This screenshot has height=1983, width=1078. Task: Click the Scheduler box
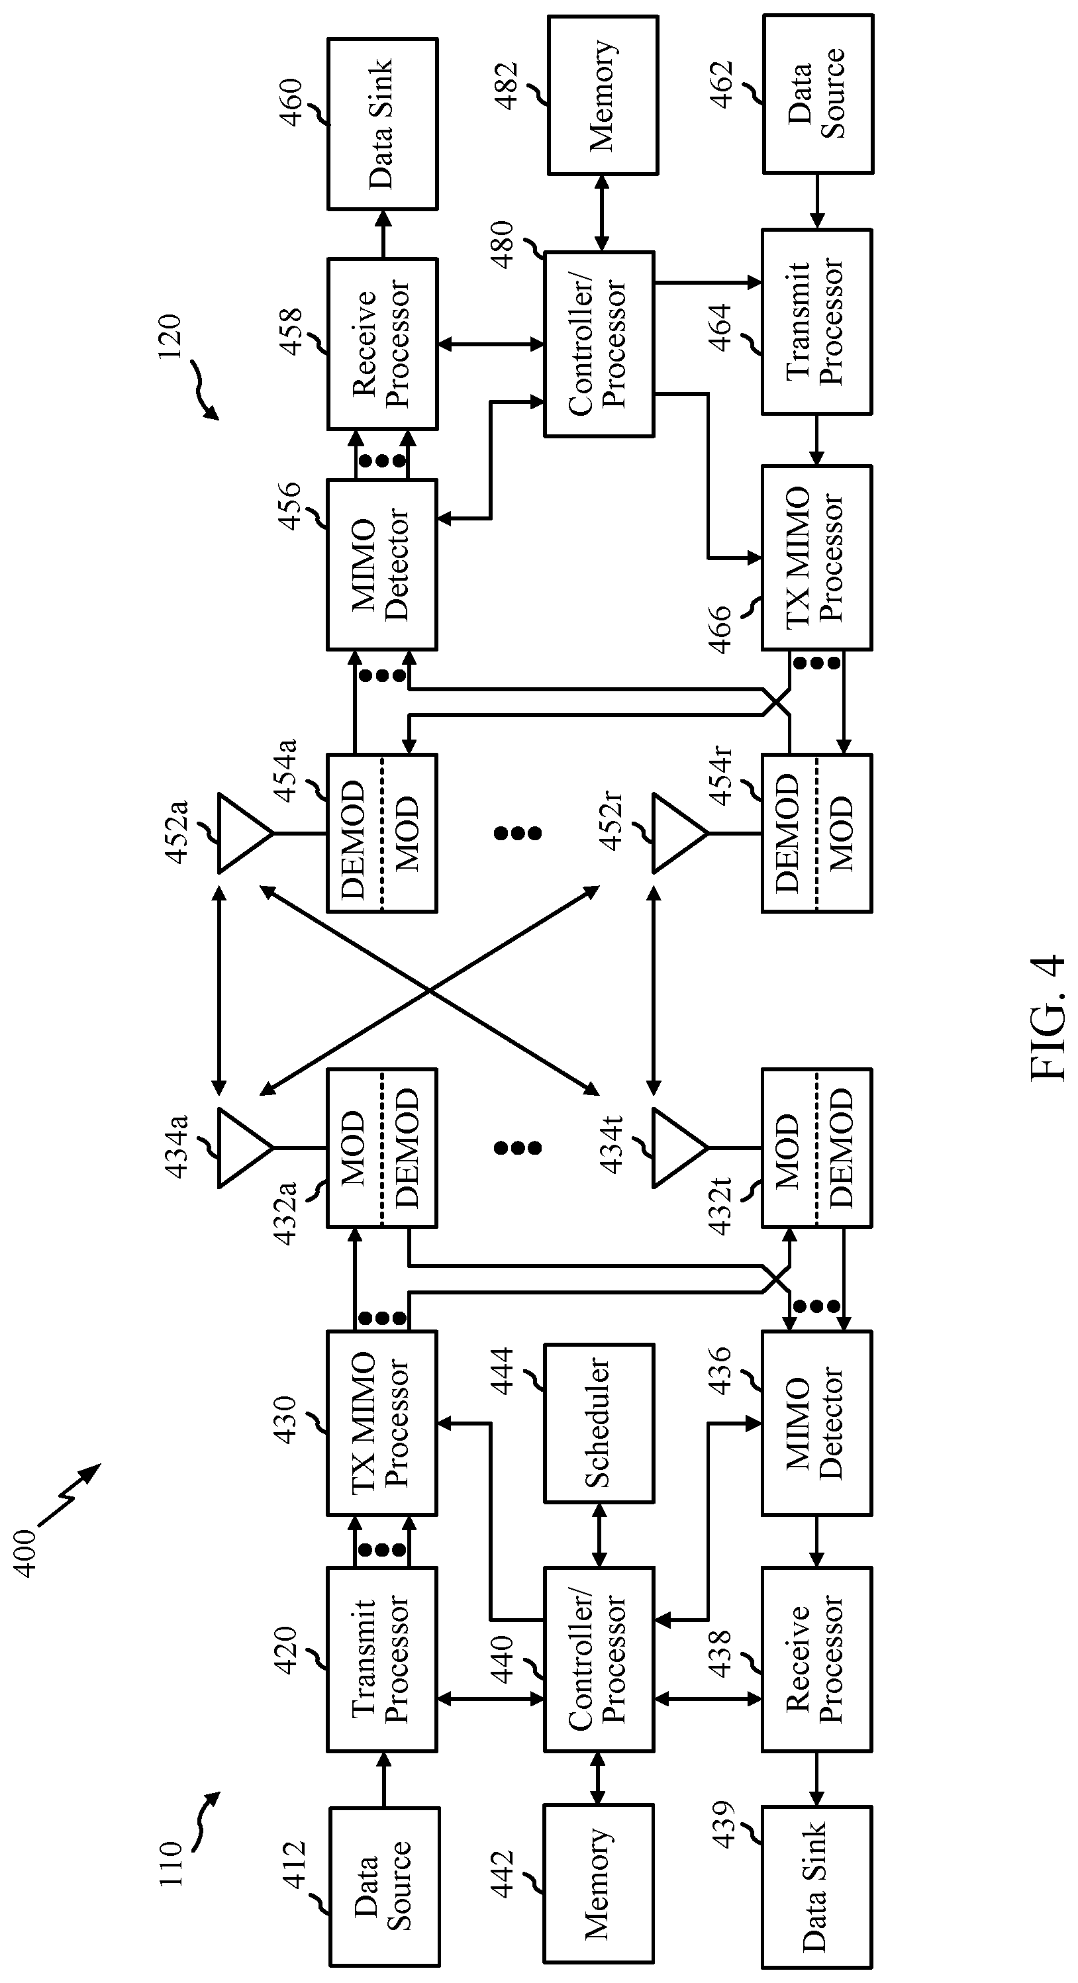599,1424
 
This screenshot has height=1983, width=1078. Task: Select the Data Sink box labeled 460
383,124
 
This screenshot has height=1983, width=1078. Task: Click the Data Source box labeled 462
818,93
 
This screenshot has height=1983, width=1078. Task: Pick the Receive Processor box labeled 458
383,344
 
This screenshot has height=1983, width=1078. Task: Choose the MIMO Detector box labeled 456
383,564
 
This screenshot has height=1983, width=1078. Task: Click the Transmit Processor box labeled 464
817,321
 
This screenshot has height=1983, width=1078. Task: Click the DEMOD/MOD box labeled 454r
817,833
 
